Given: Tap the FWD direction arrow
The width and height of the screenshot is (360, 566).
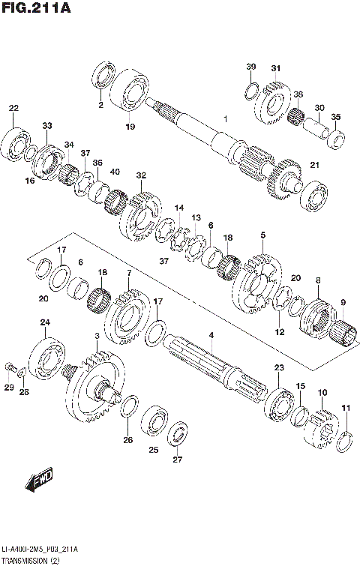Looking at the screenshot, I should (x=37, y=484).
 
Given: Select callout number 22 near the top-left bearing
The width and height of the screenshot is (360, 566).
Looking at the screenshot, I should (x=13, y=109).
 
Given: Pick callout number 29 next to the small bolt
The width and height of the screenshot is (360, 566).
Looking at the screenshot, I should (x=9, y=387).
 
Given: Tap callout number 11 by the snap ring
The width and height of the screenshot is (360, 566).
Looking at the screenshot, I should (x=346, y=408).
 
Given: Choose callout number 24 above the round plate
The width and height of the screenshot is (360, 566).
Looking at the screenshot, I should (x=45, y=323).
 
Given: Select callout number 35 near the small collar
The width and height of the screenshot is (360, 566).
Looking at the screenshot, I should (x=335, y=117).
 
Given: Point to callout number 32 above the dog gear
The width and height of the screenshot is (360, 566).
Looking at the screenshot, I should (x=140, y=175).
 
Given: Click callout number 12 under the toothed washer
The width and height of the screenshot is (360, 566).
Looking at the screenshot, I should (x=279, y=332).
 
